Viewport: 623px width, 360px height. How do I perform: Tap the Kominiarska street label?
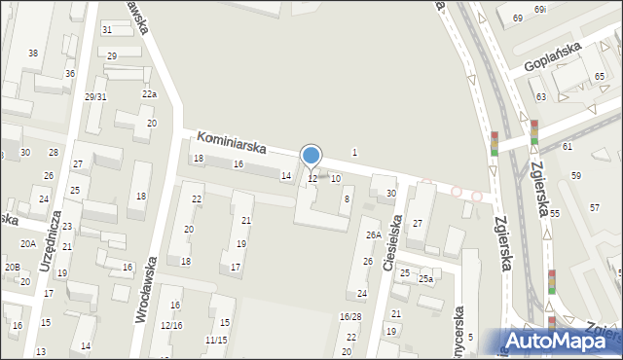232,145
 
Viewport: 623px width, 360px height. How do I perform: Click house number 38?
33,53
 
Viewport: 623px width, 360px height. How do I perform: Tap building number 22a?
149,94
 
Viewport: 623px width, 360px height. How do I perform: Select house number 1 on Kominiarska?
354,152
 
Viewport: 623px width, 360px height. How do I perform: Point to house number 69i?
540,10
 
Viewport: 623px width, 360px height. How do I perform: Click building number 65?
600,77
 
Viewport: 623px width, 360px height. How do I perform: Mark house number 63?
540,97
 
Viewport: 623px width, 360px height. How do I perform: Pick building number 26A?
372,234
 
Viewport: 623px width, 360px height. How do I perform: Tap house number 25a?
425,279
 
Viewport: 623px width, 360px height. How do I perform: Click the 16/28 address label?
350,317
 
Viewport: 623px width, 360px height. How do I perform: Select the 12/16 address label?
171,325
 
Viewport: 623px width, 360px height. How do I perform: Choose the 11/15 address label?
216,340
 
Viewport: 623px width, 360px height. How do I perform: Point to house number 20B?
12,267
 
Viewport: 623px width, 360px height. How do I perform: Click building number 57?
595,207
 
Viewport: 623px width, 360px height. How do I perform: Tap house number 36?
70,74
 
